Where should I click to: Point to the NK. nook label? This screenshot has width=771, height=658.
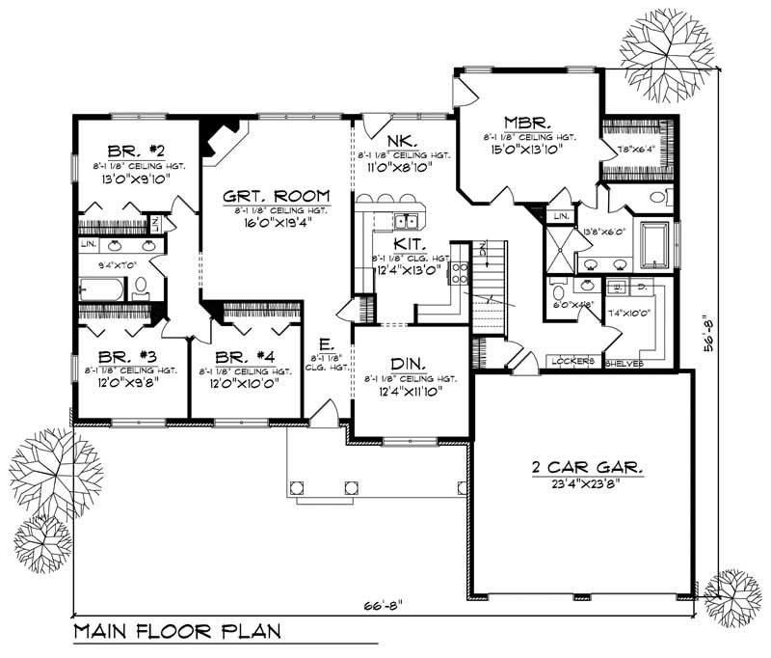[x=401, y=140]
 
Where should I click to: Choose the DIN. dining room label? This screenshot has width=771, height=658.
[x=409, y=365]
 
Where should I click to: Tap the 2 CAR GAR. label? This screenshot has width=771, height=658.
[x=588, y=467]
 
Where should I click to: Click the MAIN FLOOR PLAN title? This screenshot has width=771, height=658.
[x=176, y=633]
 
